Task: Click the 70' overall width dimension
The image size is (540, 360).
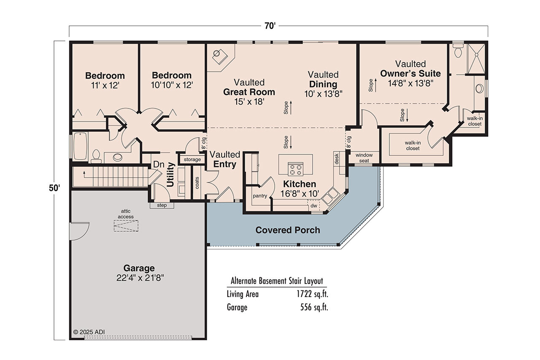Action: [270, 26]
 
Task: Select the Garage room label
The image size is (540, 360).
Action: [139, 268]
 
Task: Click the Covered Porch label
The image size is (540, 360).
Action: [287, 230]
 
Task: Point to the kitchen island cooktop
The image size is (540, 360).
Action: [295, 168]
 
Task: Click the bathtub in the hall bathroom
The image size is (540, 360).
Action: [80, 146]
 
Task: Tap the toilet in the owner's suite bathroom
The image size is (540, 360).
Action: [458, 51]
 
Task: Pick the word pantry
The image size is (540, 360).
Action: [260, 196]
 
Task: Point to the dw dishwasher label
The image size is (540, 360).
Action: [313, 206]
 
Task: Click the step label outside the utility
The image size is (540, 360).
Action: [162, 205]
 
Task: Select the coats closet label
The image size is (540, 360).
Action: [197, 182]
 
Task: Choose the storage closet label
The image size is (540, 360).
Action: [192, 160]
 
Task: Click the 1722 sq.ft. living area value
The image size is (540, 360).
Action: [312, 294]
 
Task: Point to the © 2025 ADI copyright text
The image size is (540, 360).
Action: [89, 332]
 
